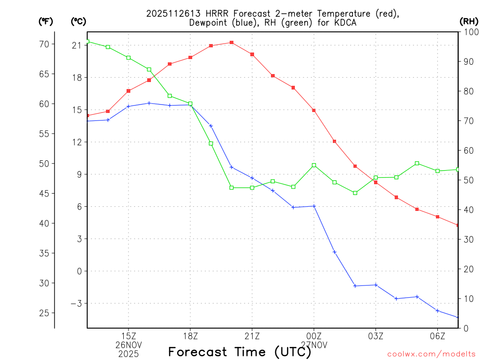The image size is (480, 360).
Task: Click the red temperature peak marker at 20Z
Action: coord(232,43)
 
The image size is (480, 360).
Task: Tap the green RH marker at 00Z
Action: coord(314,165)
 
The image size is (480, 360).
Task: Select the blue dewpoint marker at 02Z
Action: coord(355,286)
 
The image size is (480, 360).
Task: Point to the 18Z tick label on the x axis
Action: coord(190,336)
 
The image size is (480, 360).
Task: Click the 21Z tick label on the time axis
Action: coord(252,336)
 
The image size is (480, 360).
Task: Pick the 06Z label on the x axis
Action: coord(437,336)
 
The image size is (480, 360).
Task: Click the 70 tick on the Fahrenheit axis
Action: coord(44,45)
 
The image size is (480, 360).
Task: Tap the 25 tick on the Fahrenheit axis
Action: coord(44,313)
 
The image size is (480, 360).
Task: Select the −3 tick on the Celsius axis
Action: coord(76,303)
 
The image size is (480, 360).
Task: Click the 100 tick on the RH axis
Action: coord(470,32)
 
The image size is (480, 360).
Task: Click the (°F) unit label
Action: coord(45,21)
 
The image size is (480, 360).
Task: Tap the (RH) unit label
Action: coord(469,21)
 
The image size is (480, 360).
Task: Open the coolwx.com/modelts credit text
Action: coord(432,354)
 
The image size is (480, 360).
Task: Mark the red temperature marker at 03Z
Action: coord(375,182)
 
